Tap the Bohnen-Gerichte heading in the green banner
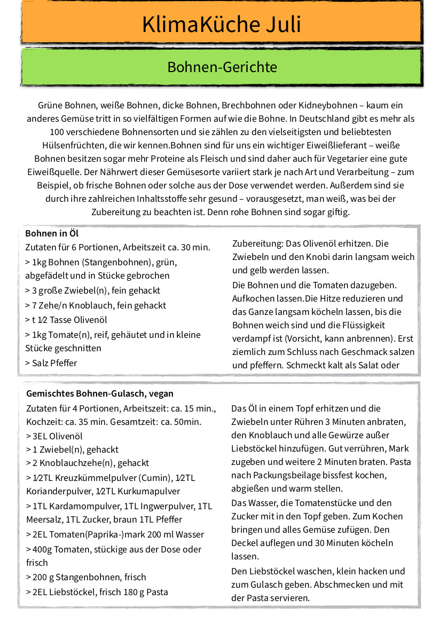pyautogui.click(x=222, y=67)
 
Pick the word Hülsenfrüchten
pyautogui.click(x=77, y=145)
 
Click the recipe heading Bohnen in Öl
pyautogui.click(x=52, y=233)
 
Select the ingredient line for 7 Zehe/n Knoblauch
pyautogui.click(x=96, y=305)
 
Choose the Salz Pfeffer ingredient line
pyautogui.click(x=51, y=363)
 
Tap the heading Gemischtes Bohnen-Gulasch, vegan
pyautogui.click(x=100, y=393)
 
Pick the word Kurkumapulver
pyautogui.click(x=150, y=491)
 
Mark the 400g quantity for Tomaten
pyautogui.click(x=42, y=549)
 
